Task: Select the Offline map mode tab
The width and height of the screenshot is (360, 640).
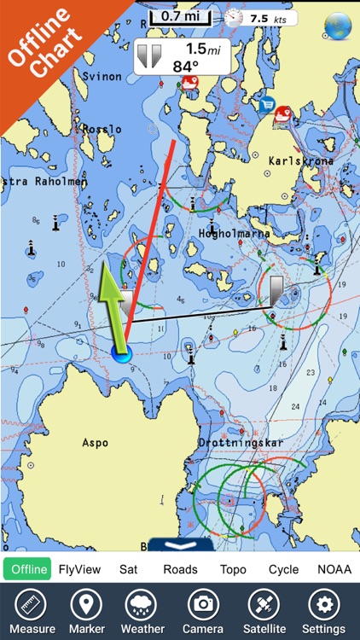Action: [x=27, y=569]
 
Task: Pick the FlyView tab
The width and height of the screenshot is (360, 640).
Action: [x=80, y=569]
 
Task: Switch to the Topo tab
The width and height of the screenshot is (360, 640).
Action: [x=233, y=569]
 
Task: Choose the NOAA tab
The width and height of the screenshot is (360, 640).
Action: [x=334, y=569]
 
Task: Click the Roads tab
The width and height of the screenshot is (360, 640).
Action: [x=180, y=569]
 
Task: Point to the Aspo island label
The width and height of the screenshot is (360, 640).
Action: [x=95, y=443]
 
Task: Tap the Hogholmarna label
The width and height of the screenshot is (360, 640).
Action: [x=235, y=233]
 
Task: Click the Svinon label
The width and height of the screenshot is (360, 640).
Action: [x=102, y=76]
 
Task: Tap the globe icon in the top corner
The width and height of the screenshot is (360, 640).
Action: [x=338, y=25]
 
